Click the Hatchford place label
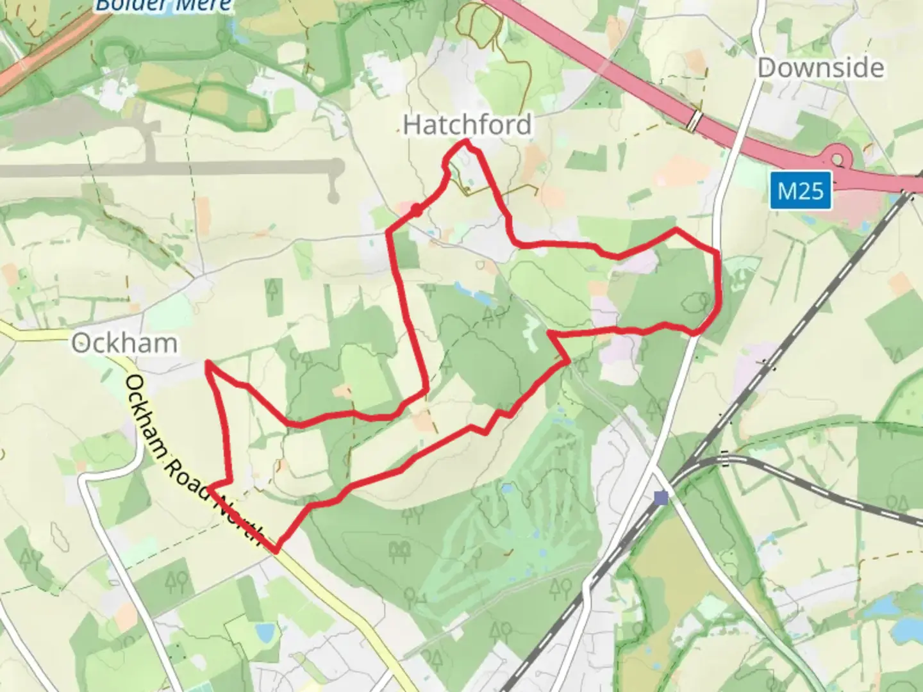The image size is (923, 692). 467,124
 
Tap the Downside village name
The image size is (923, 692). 820,68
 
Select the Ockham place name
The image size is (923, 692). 124,343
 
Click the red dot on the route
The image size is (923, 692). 416,210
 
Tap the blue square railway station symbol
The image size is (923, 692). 661,497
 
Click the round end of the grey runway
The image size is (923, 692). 333,196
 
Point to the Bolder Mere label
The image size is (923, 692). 163,6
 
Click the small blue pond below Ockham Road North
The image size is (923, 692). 263,632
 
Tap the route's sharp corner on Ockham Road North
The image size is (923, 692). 276,550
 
